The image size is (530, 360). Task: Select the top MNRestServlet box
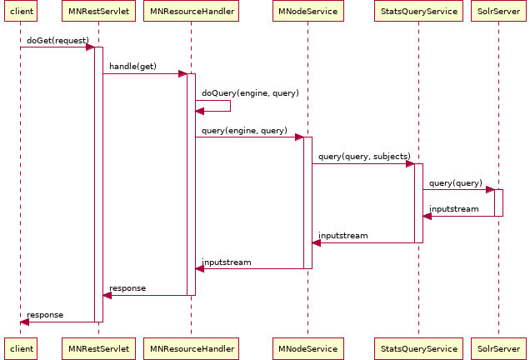97,12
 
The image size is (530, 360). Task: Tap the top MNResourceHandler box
190,12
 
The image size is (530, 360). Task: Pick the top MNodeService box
307,12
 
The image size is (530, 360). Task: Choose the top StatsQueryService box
418,12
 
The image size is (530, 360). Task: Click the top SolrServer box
498,12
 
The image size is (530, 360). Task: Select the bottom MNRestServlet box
97,348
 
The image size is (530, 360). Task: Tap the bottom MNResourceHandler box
190,348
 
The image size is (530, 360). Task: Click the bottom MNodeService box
307,348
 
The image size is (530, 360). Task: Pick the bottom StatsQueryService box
418,348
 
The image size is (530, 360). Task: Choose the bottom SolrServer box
498,348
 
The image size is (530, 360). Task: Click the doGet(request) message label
57,40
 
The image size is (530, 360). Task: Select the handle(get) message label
132,67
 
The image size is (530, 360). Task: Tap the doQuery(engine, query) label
250,93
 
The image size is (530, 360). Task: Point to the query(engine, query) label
244,131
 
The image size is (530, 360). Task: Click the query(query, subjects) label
364,157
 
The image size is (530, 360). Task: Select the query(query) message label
455,182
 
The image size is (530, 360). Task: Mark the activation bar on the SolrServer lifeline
498,202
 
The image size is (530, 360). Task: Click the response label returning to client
45,315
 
